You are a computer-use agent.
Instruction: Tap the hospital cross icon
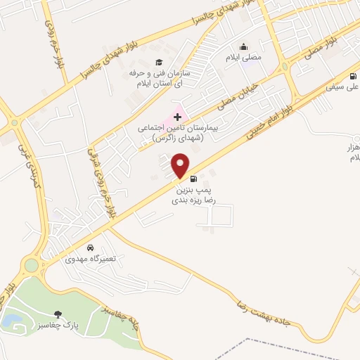tap(176, 115)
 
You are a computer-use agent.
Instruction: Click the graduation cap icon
tap(157, 63)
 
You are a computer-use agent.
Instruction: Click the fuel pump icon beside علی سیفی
tap(352, 78)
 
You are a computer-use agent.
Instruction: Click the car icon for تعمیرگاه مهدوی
tap(91, 248)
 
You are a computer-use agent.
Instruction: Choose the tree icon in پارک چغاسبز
tap(57, 314)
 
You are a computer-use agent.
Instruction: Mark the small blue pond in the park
tap(11, 321)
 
